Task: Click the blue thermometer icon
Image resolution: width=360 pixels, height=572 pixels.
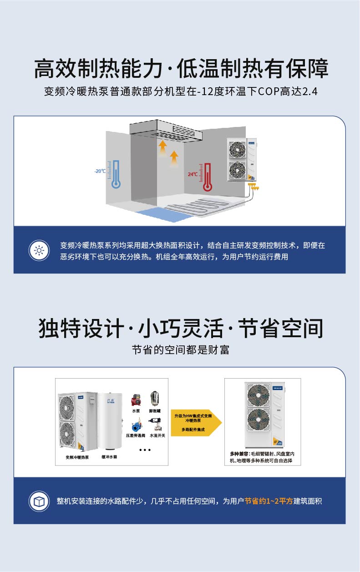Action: pyautogui.click(x=116, y=174)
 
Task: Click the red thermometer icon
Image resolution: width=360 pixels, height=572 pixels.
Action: pyautogui.click(x=208, y=177)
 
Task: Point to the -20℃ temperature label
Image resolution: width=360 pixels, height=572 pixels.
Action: pyautogui.click(x=101, y=171)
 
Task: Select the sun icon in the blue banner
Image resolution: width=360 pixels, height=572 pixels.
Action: pyautogui.click(x=39, y=250)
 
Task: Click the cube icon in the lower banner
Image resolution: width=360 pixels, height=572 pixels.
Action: pyautogui.click(x=39, y=501)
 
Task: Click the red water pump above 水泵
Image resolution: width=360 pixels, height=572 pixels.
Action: pyautogui.click(x=136, y=400)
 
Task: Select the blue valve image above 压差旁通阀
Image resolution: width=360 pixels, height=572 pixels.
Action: pyautogui.click(x=136, y=427)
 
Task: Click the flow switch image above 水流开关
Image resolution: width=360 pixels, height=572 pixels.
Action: pyautogui.click(x=155, y=427)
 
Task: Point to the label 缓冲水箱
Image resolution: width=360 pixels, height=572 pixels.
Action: pyautogui.click(x=109, y=456)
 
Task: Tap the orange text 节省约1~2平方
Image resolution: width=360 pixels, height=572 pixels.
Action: pyautogui.click(x=269, y=501)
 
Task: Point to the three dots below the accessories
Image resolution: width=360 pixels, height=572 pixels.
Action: pyautogui.click(x=145, y=450)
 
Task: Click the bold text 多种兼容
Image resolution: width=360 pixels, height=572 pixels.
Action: pyautogui.click(x=239, y=454)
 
